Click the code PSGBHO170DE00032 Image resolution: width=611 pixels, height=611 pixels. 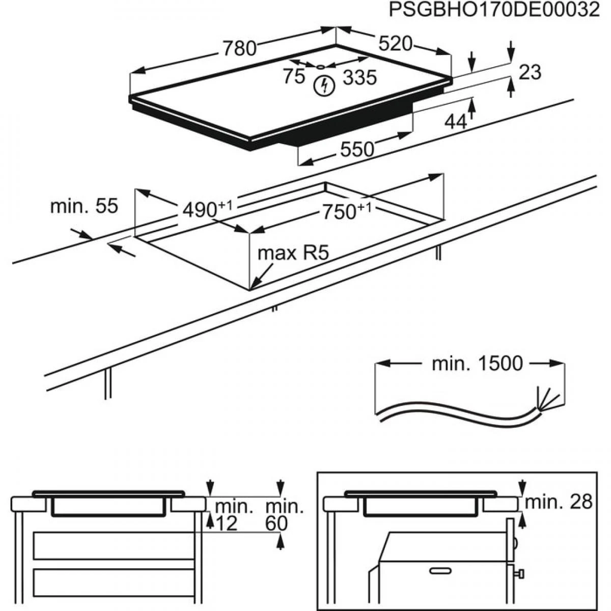click(x=494, y=10)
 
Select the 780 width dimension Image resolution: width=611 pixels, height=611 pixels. click(x=239, y=48)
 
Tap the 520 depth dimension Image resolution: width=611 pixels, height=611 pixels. click(x=395, y=44)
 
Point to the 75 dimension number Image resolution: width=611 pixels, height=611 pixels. click(x=294, y=76)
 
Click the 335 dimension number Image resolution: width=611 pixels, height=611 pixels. click(x=359, y=77)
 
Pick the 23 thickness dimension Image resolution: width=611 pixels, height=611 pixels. click(x=530, y=72)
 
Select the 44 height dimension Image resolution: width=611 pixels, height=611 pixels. click(x=456, y=121)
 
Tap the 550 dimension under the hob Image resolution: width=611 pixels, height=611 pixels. click(x=357, y=149)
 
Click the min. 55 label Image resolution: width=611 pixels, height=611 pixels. click(x=84, y=206)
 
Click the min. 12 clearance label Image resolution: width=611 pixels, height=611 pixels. click(x=232, y=515)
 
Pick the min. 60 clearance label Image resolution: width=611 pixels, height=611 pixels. click(x=284, y=515)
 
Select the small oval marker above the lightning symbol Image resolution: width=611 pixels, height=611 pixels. click(x=321, y=67)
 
